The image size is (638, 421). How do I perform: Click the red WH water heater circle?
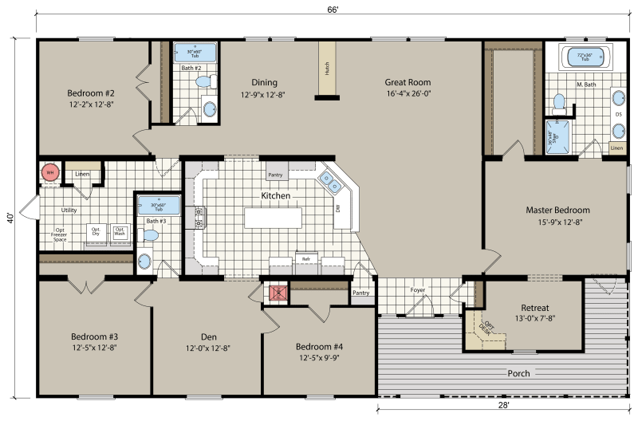coord(49,172)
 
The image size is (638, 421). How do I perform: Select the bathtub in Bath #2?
coord(195,57)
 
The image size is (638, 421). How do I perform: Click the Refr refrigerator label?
coord(305,258)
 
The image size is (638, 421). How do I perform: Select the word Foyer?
coord(419,290)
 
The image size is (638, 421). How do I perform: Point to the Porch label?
coord(519,373)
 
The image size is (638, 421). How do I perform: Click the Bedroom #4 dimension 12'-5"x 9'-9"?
coord(319,357)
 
